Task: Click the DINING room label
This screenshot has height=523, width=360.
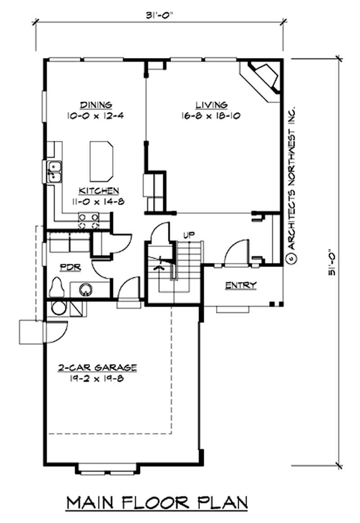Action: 96,105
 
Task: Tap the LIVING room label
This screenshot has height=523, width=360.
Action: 211,105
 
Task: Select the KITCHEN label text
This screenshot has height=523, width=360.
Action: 99,190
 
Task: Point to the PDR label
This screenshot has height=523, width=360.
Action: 70,267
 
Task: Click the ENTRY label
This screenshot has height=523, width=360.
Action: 241,285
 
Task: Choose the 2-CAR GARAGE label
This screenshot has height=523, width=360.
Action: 97,367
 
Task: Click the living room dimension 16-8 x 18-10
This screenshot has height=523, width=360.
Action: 211,116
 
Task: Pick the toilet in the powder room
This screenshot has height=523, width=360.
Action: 58,287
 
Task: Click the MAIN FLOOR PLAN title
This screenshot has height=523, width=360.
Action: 157,503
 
